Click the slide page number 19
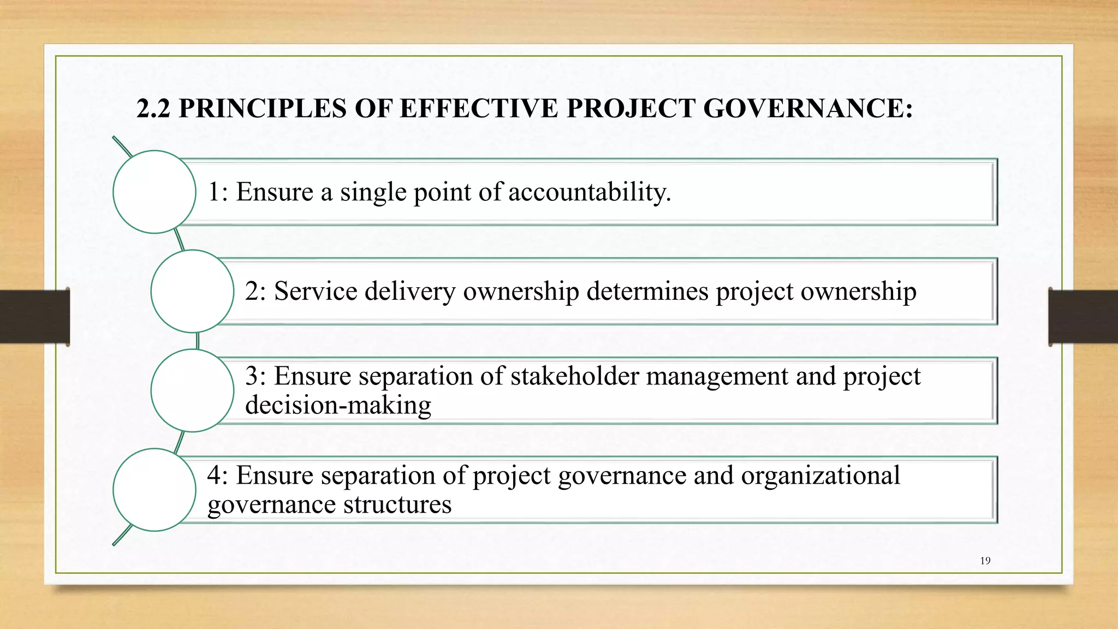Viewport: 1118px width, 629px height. (x=985, y=561)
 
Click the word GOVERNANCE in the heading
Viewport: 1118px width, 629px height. (x=807, y=108)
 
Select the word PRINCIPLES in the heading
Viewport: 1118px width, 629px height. (x=263, y=108)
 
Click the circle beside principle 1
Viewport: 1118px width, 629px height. (x=154, y=192)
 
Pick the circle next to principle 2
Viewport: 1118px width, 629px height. (x=192, y=291)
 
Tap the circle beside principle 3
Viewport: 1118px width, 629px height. (x=192, y=390)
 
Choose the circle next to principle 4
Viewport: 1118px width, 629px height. (x=154, y=490)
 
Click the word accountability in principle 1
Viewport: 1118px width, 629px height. (x=590, y=192)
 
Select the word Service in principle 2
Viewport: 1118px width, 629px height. (x=316, y=291)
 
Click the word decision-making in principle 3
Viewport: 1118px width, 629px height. (x=338, y=405)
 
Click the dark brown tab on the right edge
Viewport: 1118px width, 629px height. (x=1083, y=317)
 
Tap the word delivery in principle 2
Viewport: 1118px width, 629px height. (x=410, y=292)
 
